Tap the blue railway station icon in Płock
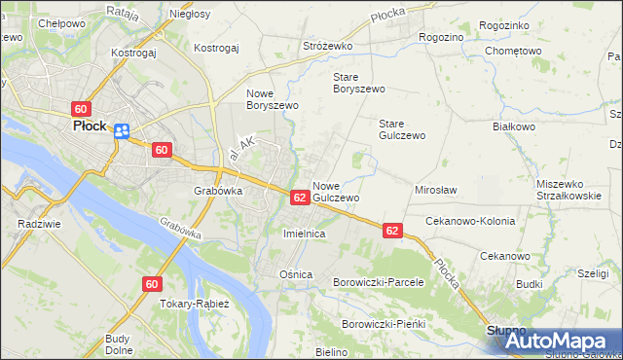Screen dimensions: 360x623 tap(122, 131)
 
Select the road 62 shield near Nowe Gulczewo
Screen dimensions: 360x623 tap(300, 198)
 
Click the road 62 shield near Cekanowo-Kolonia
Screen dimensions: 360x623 tap(391, 231)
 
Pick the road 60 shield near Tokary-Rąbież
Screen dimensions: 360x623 tap(151, 284)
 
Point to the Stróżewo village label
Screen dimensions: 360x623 tap(329, 46)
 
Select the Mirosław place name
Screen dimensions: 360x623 tap(436, 190)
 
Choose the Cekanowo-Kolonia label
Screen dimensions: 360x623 tap(470, 221)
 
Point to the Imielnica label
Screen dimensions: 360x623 tap(303, 234)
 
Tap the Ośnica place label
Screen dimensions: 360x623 tap(296, 274)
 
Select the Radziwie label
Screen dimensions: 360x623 tap(35, 223)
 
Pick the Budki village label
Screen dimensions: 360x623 tap(530, 284)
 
